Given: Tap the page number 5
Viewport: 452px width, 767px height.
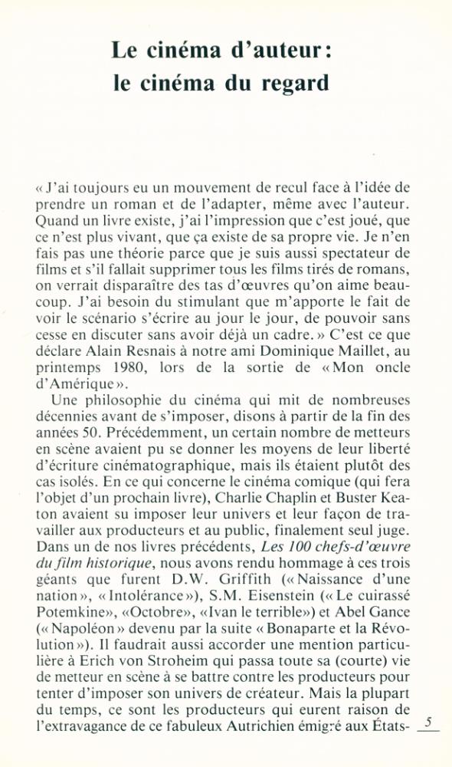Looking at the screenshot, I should [x=428, y=721].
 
